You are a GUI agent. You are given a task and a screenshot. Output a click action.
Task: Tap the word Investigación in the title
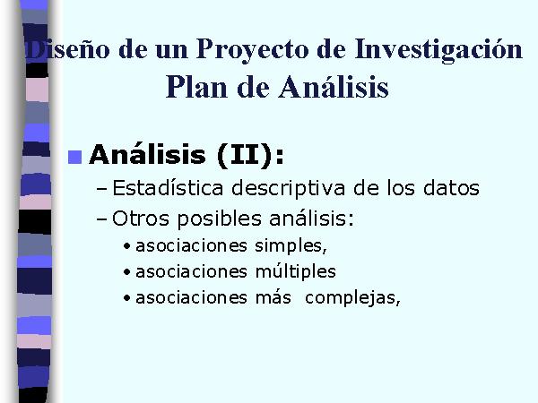438,50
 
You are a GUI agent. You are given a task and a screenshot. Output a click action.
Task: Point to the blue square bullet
74,158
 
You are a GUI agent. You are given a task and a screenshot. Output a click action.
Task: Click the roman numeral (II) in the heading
244,156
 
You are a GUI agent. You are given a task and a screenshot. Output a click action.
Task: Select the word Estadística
168,187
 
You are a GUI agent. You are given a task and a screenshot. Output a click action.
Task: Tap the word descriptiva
288,188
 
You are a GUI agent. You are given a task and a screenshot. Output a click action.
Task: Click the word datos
451,188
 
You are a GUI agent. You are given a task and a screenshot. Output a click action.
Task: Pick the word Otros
141,219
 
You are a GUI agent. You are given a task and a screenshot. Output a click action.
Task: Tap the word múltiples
295,271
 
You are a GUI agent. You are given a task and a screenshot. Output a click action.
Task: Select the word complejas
352,298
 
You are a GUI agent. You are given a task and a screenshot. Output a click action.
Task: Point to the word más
273,297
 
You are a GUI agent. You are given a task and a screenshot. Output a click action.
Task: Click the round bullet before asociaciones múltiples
127,272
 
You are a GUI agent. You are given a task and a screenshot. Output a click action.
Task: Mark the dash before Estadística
102,189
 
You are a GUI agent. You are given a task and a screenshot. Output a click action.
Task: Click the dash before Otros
102,219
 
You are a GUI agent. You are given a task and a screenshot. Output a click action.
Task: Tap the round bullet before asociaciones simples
127,246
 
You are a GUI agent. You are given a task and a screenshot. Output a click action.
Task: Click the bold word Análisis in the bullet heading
148,155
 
